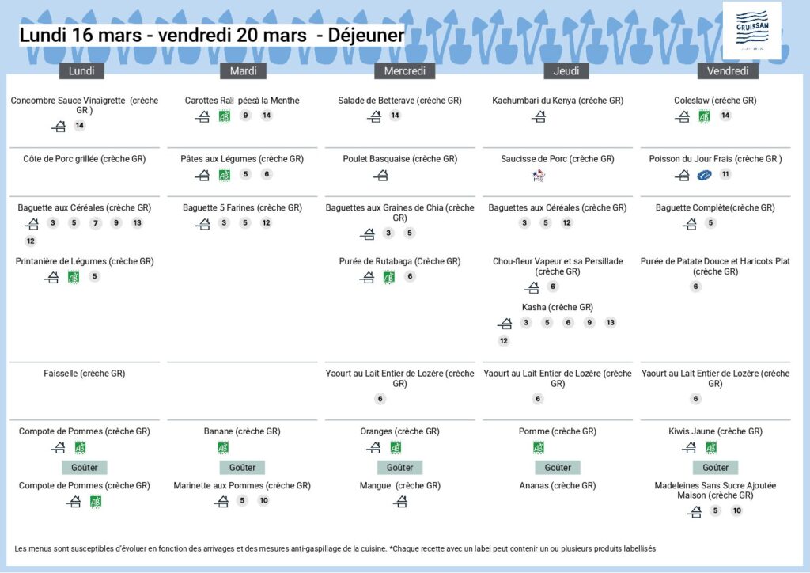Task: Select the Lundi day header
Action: coord(81,71)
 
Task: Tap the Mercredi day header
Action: coord(404,71)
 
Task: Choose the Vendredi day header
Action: coord(728,71)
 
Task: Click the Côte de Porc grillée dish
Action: coord(84,159)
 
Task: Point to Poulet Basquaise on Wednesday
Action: coord(399,159)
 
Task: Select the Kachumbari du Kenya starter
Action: coord(558,101)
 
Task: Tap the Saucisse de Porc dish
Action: coord(558,159)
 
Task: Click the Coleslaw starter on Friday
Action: coord(715,101)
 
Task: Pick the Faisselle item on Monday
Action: coord(84,373)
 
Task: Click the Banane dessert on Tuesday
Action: coord(242,431)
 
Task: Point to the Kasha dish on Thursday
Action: coord(558,307)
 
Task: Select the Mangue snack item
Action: coord(399,485)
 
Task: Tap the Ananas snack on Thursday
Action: coord(558,485)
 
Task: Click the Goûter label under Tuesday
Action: coord(242,468)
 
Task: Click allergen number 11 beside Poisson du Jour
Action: coord(725,175)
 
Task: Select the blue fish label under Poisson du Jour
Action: coord(704,175)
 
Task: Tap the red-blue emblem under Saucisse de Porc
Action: coord(539,175)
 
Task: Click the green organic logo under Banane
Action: coord(223,447)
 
